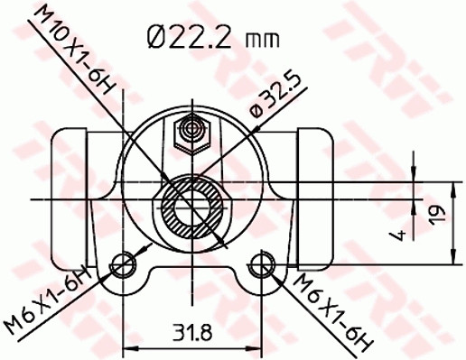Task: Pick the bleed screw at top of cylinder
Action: pos(192,134)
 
